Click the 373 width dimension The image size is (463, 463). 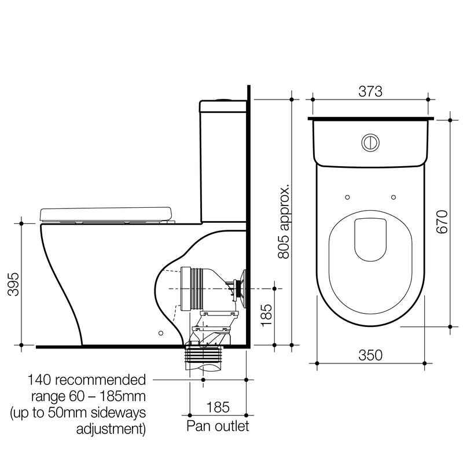tap(370, 91)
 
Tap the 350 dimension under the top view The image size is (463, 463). tap(370, 355)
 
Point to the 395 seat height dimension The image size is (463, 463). tap(12, 284)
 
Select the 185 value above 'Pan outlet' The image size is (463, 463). tap(218, 407)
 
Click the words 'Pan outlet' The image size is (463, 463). tap(218, 427)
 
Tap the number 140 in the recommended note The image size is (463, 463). tap(41, 380)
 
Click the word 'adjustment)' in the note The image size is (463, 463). tap(111, 429)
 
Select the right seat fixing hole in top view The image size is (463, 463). tap(394, 196)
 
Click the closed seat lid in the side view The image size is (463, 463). tap(107, 214)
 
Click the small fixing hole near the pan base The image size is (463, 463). tap(161, 333)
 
